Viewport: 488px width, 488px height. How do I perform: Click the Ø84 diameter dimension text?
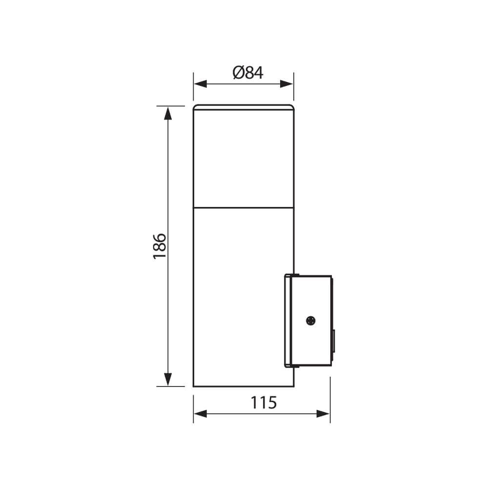coord(248,73)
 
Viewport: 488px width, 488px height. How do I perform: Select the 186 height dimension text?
coord(160,245)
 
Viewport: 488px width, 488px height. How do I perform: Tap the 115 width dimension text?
coord(264,403)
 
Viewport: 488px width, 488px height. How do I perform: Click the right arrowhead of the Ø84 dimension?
coord(286,84)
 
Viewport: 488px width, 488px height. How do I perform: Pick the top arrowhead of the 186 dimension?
coord(168,113)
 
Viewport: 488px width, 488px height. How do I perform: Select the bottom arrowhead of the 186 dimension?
coord(168,379)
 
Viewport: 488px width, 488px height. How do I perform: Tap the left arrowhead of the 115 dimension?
coord(201,414)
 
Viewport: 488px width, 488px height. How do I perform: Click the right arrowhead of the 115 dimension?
coord(323,414)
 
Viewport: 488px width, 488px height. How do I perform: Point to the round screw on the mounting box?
coord(310,321)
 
